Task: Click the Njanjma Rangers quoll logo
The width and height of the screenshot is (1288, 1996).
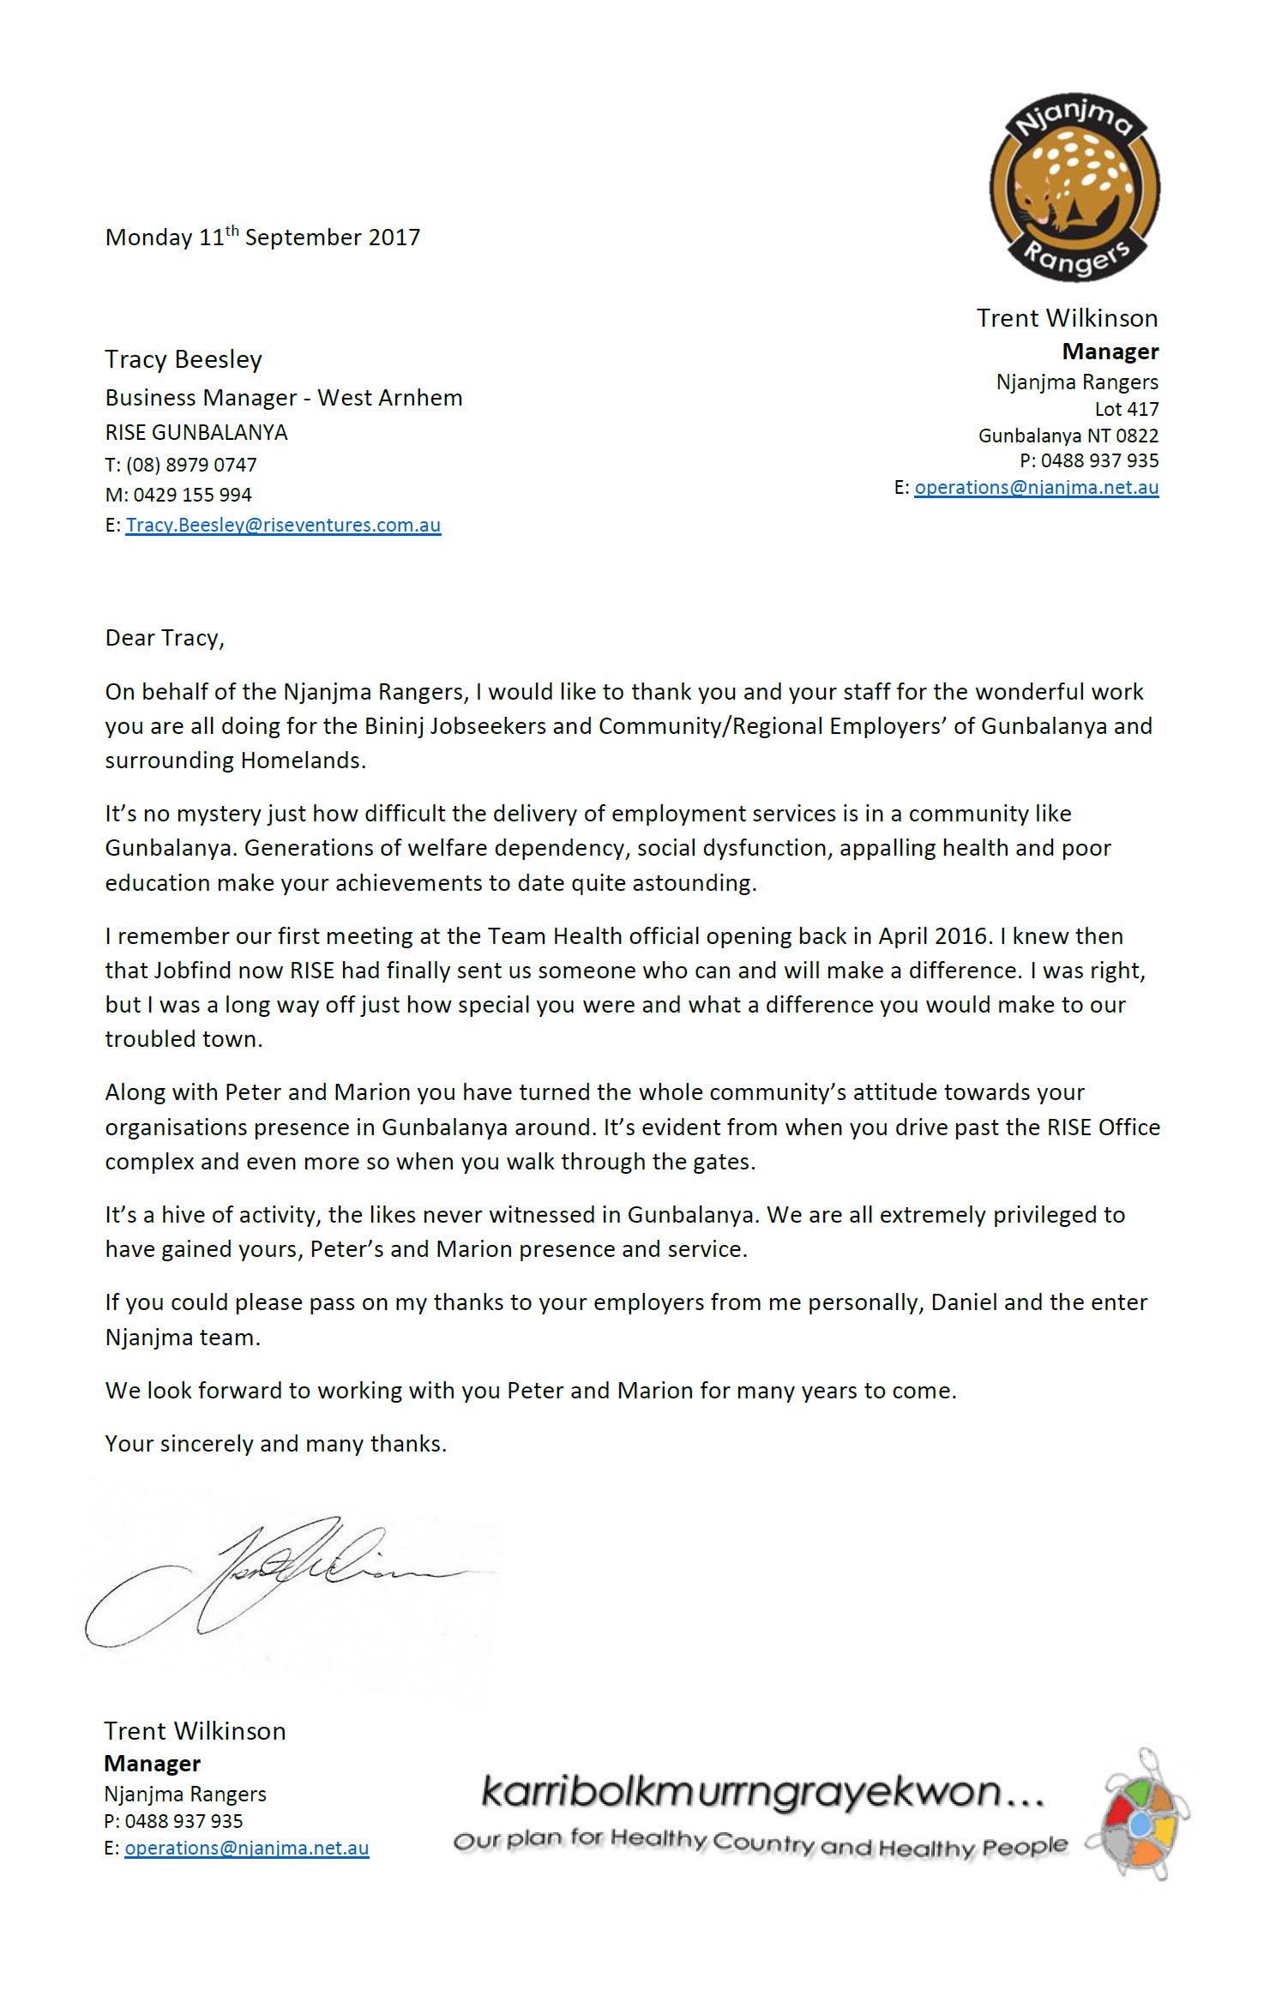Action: pyautogui.click(x=1074, y=188)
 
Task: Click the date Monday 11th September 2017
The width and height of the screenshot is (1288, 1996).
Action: pyautogui.click(x=262, y=237)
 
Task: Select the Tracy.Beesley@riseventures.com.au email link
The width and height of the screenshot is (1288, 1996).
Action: pyautogui.click(x=283, y=525)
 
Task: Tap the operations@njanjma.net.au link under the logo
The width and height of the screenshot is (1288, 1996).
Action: pyautogui.click(x=1036, y=487)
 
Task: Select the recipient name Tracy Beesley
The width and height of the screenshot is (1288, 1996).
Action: pyautogui.click(x=183, y=359)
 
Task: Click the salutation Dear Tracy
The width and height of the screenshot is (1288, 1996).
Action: pyautogui.click(x=164, y=638)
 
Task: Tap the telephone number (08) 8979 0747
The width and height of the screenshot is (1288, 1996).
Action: pyautogui.click(x=191, y=465)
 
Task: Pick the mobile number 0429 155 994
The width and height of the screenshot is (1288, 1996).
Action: pyautogui.click(x=192, y=495)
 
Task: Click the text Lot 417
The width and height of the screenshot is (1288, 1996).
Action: pyautogui.click(x=1126, y=409)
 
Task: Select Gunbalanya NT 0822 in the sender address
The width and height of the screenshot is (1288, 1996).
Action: pyautogui.click(x=1068, y=436)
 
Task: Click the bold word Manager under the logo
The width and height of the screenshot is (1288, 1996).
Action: pyautogui.click(x=1110, y=352)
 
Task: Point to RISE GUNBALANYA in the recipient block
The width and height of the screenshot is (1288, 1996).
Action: pyautogui.click(x=196, y=432)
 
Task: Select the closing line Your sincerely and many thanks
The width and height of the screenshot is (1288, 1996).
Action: pyautogui.click(x=275, y=1444)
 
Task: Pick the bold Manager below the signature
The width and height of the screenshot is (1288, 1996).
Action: pyautogui.click(x=152, y=1763)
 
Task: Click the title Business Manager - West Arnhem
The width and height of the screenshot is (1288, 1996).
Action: pyautogui.click(x=283, y=398)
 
